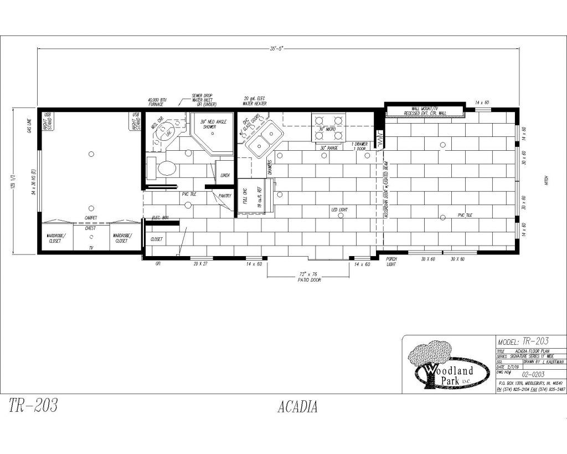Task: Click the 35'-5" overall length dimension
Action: [x=277, y=49]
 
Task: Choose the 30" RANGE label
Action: [x=329, y=148]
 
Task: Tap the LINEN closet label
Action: [x=225, y=175]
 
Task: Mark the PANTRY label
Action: [x=225, y=196]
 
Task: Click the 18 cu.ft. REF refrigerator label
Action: [x=251, y=197]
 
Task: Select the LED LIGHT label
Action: [x=339, y=210]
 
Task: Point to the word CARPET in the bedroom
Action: [x=91, y=218]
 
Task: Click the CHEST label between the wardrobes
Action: [x=91, y=228]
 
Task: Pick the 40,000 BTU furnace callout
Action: [x=156, y=101]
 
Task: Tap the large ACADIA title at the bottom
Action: [x=297, y=407]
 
